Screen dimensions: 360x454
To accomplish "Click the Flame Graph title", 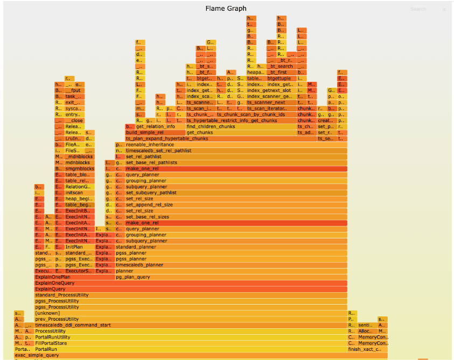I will click(226, 9).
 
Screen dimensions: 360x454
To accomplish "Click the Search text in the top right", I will click(418, 9).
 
